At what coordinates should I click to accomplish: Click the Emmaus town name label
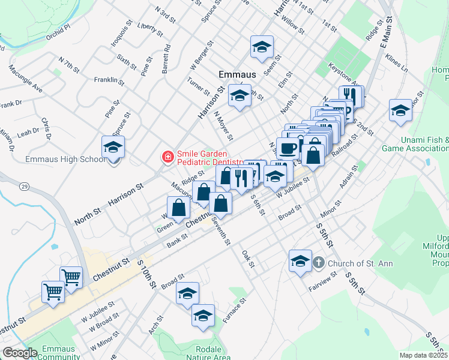[237, 74]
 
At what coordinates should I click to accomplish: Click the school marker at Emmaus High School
[113, 147]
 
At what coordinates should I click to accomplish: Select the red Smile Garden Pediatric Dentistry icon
[167, 157]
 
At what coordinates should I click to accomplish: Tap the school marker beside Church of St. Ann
[300, 260]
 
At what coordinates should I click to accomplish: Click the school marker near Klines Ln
[400, 110]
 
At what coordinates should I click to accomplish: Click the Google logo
[20, 353]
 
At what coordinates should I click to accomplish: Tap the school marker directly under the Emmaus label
[239, 96]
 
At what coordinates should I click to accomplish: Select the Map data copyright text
[424, 355]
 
